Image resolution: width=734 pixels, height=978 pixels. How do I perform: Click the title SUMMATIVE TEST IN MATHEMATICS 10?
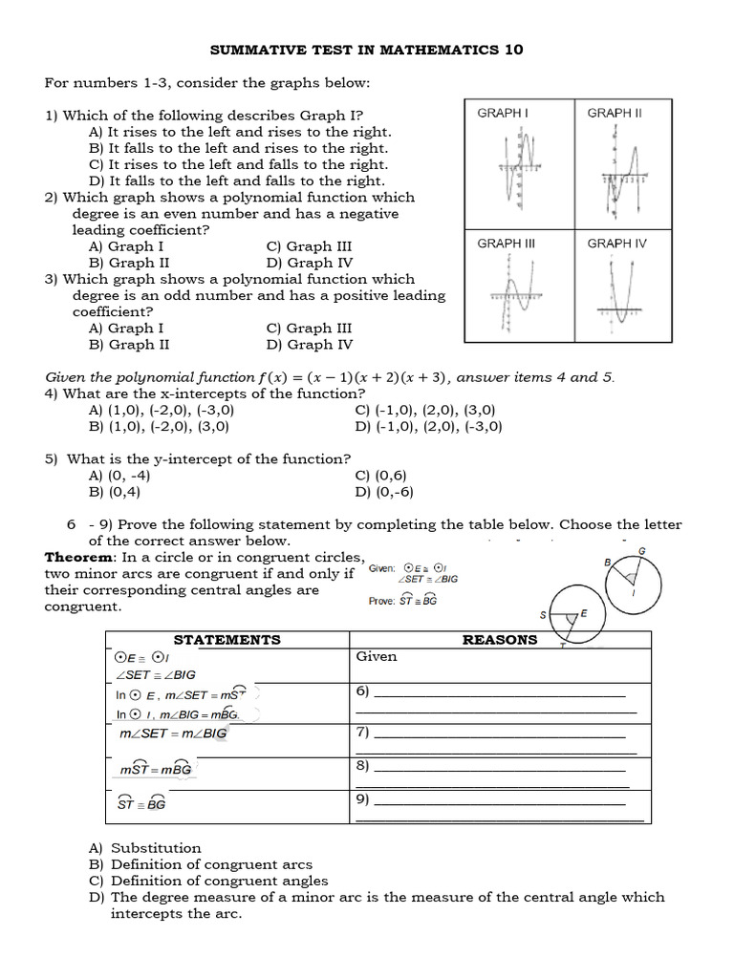pyautogui.click(x=366, y=50)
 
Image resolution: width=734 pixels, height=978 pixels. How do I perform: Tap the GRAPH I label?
pyautogui.click(x=503, y=113)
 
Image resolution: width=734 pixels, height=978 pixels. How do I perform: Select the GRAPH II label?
pyautogui.click(x=615, y=113)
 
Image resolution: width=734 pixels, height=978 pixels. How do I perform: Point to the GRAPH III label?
pyautogui.click(x=506, y=244)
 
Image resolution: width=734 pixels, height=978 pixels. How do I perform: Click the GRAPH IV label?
pyautogui.click(x=616, y=244)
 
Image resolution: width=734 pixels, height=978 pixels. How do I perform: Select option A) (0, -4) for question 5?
pyautogui.click(x=119, y=476)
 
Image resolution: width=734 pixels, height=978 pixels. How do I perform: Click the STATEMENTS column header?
pyautogui.click(x=227, y=640)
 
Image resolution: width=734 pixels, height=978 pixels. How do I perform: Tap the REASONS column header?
pyautogui.click(x=499, y=640)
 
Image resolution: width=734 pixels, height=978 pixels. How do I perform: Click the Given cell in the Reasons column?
pyautogui.click(x=376, y=657)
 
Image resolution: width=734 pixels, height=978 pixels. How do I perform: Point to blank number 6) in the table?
pyautogui.click(x=492, y=691)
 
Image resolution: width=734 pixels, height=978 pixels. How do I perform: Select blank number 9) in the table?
pyautogui.click(x=492, y=799)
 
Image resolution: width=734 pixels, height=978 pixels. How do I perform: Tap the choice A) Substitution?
pyautogui.click(x=145, y=848)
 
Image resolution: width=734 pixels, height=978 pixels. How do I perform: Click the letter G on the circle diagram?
pyautogui.click(x=641, y=551)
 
